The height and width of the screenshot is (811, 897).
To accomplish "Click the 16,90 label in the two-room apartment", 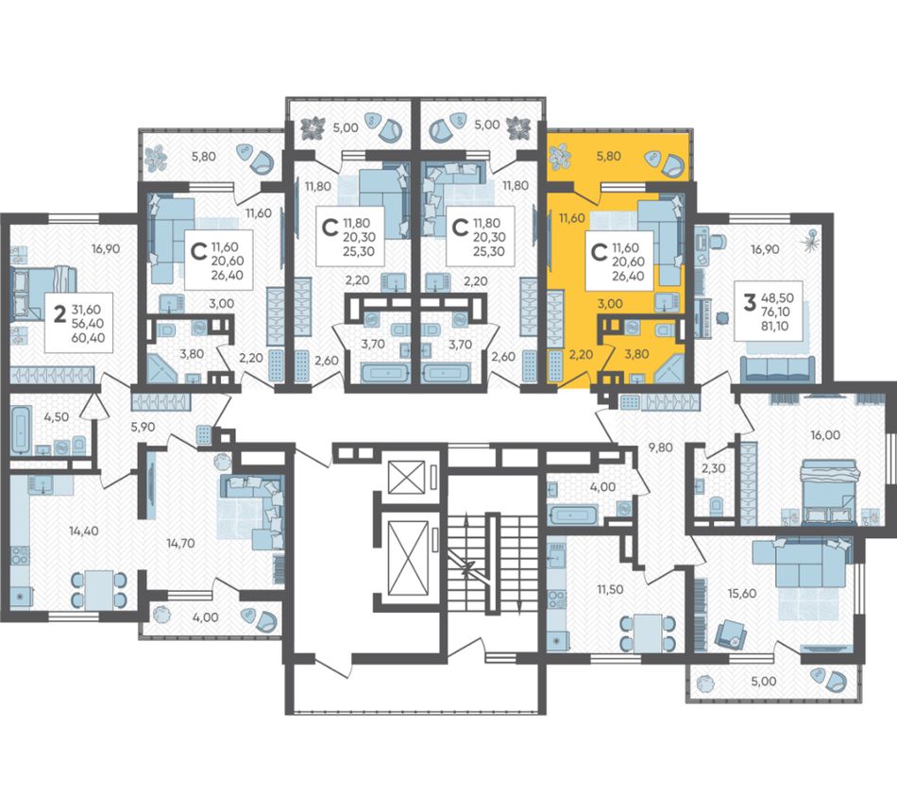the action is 107,249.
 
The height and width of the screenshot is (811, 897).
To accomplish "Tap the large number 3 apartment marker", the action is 749,302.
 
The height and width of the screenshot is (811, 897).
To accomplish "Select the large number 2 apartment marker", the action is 59,313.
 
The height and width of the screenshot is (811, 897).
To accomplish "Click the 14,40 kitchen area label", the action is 83,531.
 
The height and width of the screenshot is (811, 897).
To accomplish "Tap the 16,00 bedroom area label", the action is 825,435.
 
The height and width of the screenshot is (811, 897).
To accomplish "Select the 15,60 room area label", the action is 741,593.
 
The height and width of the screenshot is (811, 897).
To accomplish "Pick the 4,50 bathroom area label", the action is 56,416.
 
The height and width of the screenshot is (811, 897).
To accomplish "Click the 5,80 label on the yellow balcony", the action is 609,156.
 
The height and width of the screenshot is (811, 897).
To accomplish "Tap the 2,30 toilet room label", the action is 714,468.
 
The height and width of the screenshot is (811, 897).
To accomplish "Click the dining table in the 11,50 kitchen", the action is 647,633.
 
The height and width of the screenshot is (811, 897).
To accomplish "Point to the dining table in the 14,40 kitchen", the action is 98,589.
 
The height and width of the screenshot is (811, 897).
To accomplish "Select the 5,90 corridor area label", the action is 143,426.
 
